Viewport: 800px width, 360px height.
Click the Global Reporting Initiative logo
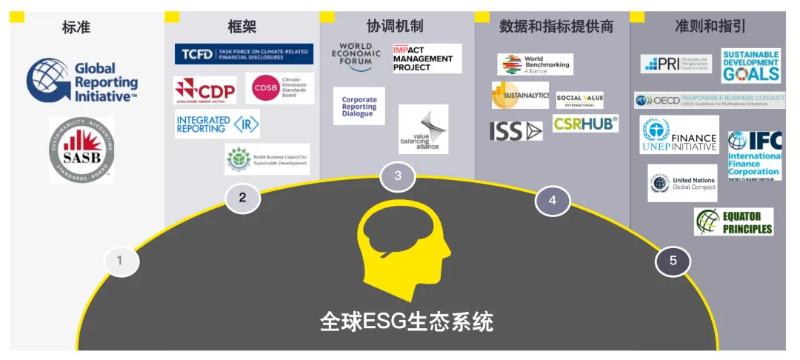(x=82, y=82)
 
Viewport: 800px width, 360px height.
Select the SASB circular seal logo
(x=81, y=150)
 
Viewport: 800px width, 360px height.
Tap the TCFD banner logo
(x=244, y=54)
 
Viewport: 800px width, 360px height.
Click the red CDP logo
(x=204, y=90)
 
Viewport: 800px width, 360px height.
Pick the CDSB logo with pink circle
(x=279, y=89)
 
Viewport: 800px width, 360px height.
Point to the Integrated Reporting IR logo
(x=218, y=124)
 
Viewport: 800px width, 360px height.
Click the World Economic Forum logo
(x=356, y=59)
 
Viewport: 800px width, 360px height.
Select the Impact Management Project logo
(x=427, y=59)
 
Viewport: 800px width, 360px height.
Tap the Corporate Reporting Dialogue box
(x=359, y=107)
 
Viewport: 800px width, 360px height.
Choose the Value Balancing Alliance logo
(x=423, y=130)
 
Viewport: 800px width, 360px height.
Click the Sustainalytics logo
(x=520, y=96)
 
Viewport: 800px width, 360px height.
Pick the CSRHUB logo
(x=585, y=124)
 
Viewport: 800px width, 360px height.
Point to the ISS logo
(x=516, y=131)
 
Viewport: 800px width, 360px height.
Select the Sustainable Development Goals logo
(x=751, y=66)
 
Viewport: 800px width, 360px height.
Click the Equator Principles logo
(x=733, y=221)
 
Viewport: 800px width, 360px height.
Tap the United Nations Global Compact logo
(x=682, y=183)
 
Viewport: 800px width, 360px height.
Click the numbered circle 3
(x=398, y=176)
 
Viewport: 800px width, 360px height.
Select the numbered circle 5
(x=673, y=261)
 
